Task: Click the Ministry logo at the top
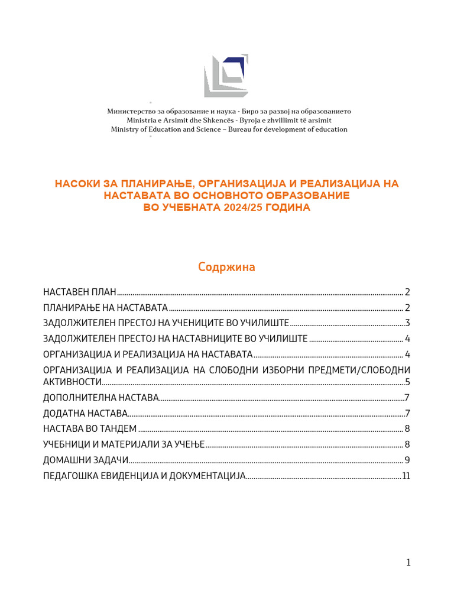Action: pyautogui.click(x=226, y=76)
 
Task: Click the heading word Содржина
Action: pyautogui.click(x=226, y=267)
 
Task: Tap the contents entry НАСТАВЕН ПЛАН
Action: pyautogui.click(x=80, y=292)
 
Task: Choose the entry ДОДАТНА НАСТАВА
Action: pyautogui.click(x=85, y=413)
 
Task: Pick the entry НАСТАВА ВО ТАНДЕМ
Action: pyautogui.click(x=90, y=428)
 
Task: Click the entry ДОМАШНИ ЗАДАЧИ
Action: pyautogui.click(x=86, y=460)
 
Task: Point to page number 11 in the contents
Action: pyautogui.click(x=406, y=476)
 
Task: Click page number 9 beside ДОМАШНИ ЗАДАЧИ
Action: pyautogui.click(x=407, y=460)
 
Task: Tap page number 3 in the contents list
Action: pyautogui.click(x=407, y=323)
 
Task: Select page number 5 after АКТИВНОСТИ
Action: pyautogui.click(x=407, y=382)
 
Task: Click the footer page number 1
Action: pyautogui.click(x=408, y=562)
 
